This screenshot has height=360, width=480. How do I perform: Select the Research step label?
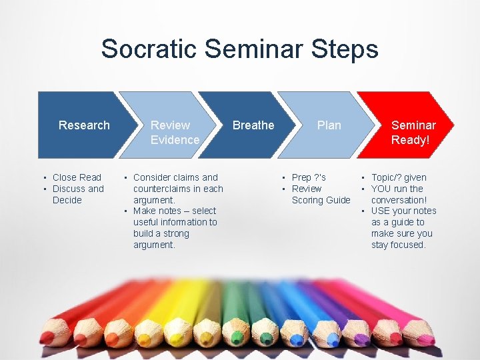pyautogui.click(x=84, y=125)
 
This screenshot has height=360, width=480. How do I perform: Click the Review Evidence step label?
pyautogui.click(x=175, y=132)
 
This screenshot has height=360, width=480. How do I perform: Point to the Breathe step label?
pyautogui.click(x=253, y=125)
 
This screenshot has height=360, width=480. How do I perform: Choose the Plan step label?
pyautogui.click(x=329, y=125)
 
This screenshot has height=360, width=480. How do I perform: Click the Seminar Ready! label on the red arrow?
pyautogui.click(x=413, y=132)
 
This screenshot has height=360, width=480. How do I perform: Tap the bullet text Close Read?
pyautogui.click(x=77, y=177)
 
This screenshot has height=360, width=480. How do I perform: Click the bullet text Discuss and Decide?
pyautogui.click(x=77, y=194)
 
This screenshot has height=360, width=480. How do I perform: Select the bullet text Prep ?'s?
pyautogui.click(x=309, y=177)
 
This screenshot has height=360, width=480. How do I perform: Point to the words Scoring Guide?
pyautogui.click(x=321, y=200)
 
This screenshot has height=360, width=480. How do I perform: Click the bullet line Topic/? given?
pyautogui.click(x=399, y=177)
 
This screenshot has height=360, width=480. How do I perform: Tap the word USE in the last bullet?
pyautogui.click(x=381, y=211)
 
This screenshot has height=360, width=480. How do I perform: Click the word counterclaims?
pyautogui.click(x=163, y=189)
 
